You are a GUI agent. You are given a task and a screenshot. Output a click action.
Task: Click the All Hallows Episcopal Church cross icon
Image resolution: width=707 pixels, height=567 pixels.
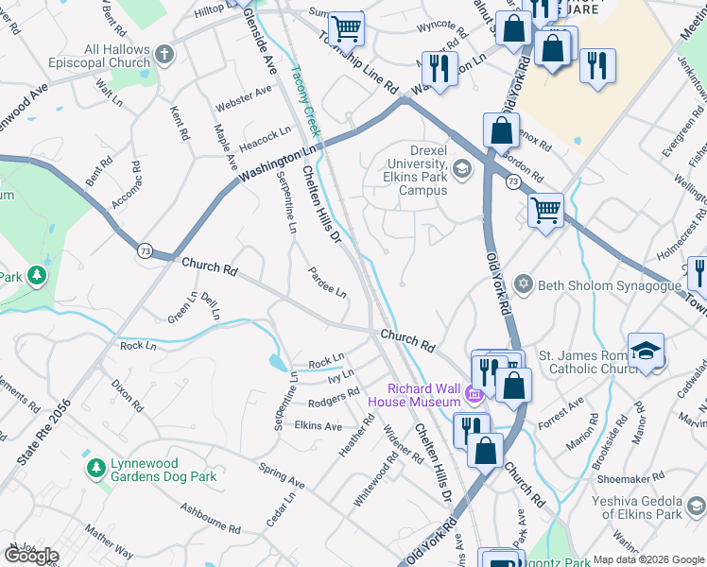click(x=165, y=54)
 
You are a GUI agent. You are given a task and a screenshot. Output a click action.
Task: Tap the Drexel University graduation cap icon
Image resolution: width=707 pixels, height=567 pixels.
click(x=462, y=170)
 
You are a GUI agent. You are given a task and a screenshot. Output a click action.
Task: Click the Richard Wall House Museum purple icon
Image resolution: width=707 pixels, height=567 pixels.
click(x=474, y=393)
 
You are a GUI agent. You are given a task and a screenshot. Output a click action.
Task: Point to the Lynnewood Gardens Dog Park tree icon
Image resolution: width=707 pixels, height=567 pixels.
click(x=95, y=468)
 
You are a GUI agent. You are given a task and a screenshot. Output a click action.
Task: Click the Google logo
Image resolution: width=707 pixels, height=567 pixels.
click(x=30, y=555)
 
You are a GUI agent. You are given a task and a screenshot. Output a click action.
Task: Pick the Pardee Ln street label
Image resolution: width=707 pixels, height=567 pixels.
click(x=327, y=283)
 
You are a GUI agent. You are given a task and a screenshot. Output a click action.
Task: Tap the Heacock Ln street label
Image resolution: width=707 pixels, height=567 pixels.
click(x=266, y=140)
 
